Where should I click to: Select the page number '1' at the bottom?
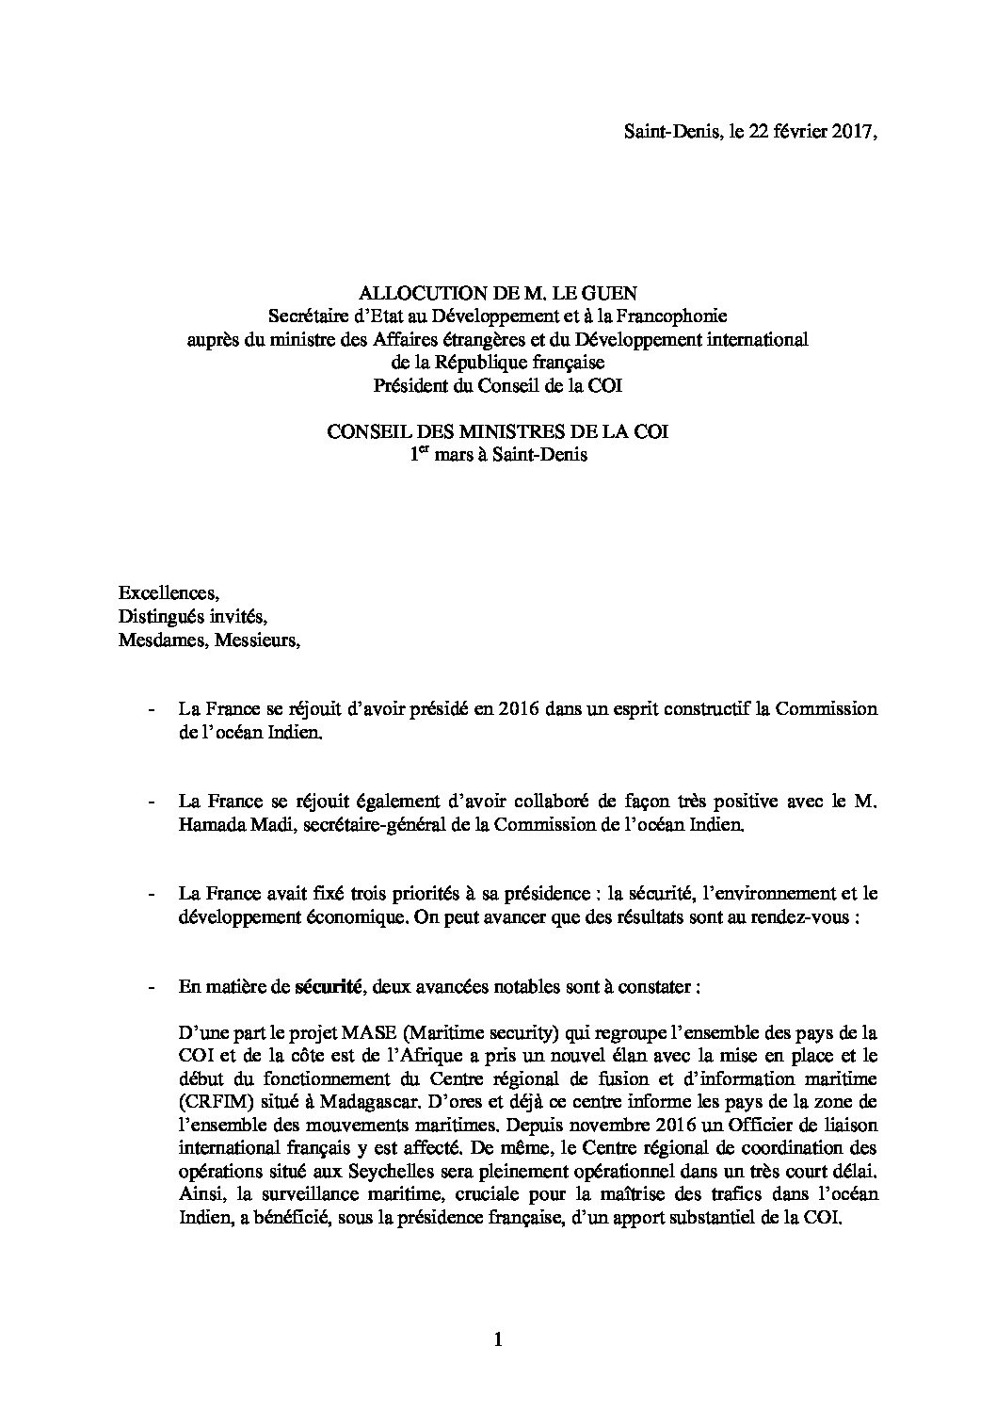[497, 1338]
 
